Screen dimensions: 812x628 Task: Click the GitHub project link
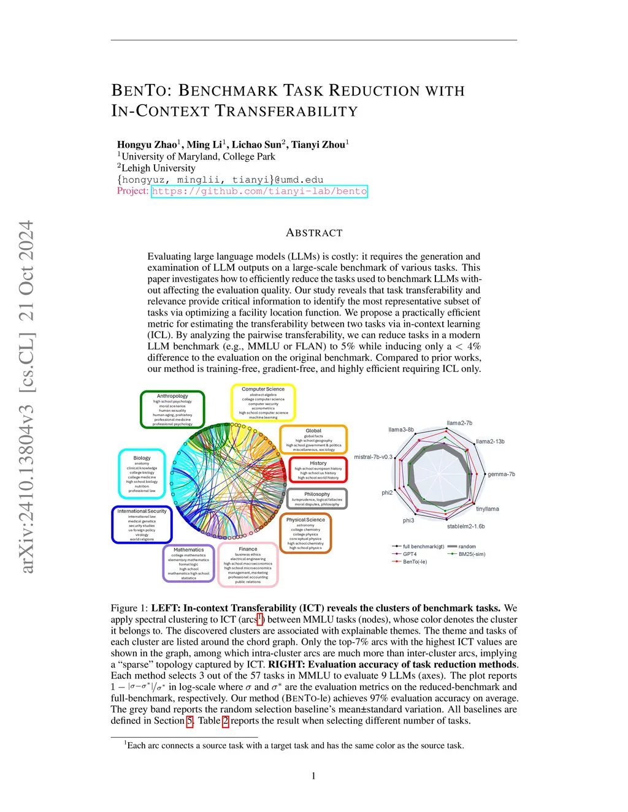click(259, 191)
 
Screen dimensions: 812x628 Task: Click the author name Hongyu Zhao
click(147, 145)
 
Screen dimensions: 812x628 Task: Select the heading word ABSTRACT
click(314, 233)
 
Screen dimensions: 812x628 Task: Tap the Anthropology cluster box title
click(172, 396)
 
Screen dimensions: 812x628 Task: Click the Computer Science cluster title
click(263, 389)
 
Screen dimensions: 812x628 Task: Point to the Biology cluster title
click(142, 458)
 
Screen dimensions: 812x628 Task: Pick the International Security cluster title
click(142, 511)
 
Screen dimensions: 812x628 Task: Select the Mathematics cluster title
click(188, 550)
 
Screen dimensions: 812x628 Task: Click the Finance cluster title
click(248, 549)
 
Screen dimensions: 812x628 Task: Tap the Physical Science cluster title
click(305, 520)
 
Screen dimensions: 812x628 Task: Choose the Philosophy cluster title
click(317, 494)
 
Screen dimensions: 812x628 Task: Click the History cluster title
click(318, 463)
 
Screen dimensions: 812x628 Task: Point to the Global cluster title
click(313, 431)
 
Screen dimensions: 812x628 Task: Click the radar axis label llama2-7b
click(459, 423)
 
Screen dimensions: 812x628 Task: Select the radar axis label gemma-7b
click(501, 474)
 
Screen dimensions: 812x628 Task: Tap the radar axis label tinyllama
click(488, 509)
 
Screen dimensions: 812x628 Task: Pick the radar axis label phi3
click(408, 520)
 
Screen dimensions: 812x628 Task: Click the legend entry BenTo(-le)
click(415, 561)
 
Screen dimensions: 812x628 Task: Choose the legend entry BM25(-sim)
click(472, 554)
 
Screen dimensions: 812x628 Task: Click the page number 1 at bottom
click(313, 776)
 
